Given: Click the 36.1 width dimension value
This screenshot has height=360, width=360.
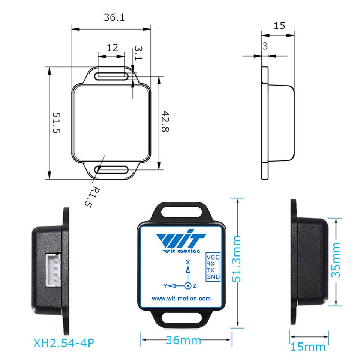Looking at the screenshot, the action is pyautogui.click(x=114, y=18).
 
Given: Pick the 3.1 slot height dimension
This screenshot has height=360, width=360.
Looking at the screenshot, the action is pyautogui.click(x=138, y=54).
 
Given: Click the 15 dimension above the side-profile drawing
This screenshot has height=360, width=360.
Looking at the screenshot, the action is pyautogui.click(x=279, y=26).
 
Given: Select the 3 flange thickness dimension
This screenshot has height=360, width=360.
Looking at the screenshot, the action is pyautogui.click(x=265, y=46).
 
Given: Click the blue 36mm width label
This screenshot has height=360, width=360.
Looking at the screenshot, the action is pyautogui.click(x=183, y=340).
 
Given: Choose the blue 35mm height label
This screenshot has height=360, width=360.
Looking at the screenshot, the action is pyautogui.click(x=336, y=259).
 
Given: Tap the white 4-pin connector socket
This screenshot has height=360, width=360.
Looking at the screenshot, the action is pyautogui.click(x=52, y=269).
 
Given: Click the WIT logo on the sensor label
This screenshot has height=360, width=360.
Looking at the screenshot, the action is pyautogui.click(x=181, y=241).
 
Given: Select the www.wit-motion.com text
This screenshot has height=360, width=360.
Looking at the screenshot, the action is pyautogui.click(x=181, y=299).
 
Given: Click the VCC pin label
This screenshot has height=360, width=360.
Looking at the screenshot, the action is pyautogui.click(x=213, y=258).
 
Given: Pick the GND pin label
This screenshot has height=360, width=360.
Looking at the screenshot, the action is pyautogui.click(x=213, y=277).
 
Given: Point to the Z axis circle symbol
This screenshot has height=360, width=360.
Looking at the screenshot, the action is pyautogui.click(x=188, y=286).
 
